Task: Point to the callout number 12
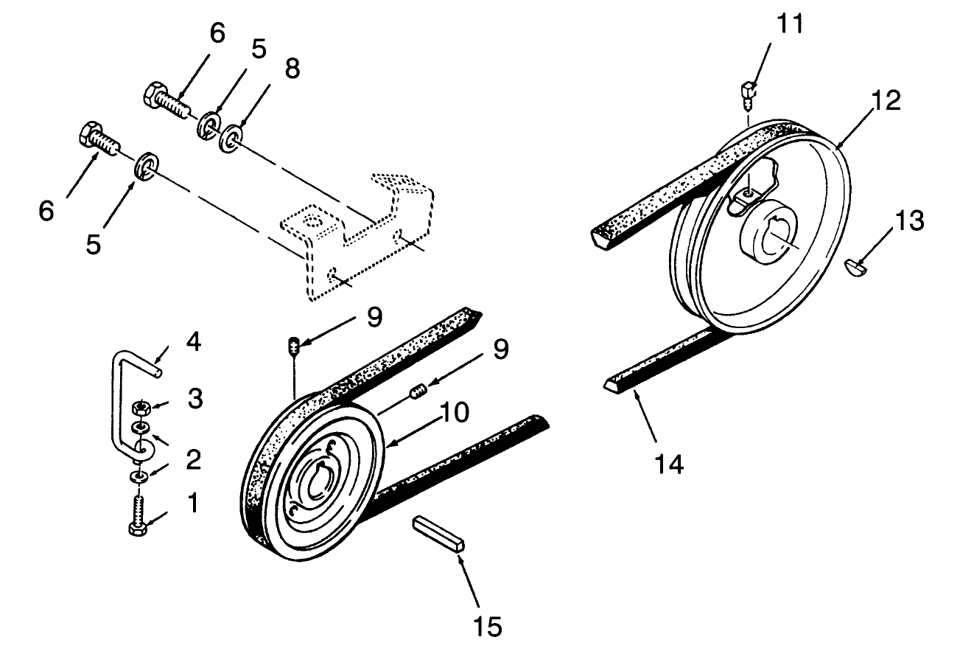887,101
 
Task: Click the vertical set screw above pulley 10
293,346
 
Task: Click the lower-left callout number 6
46,211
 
